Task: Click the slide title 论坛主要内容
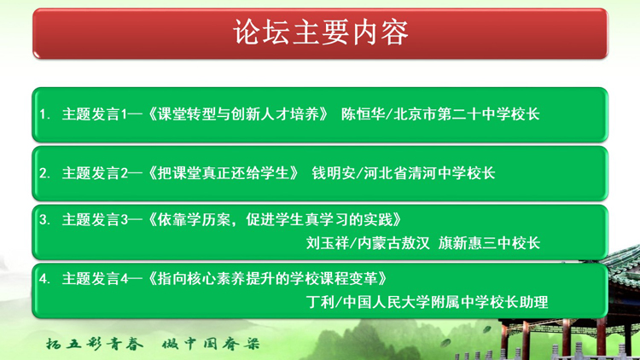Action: pos(320,32)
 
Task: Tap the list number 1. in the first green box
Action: pos(45,114)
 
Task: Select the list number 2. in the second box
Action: pos(45,173)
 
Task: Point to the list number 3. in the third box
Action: pos(45,219)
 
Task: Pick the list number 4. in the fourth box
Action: pos(45,278)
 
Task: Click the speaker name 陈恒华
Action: pos(363,114)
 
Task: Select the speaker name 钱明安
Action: pos(334,173)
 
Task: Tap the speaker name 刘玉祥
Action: pos(328,243)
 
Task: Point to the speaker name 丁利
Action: pos(320,302)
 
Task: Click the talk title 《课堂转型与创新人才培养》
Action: pos(238,114)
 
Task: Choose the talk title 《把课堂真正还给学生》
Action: pos(224,173)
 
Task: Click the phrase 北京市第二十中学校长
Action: pos(467,114)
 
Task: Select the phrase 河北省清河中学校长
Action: pos(429,173)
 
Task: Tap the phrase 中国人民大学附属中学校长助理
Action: pos(445,302)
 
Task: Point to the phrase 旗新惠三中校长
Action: pos(489,243)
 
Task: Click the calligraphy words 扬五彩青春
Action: pos(94,344)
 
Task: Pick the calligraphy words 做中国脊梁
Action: pos(211,344)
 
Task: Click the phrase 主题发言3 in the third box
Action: pos(96,219)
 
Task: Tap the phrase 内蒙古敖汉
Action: pos(393,243)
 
